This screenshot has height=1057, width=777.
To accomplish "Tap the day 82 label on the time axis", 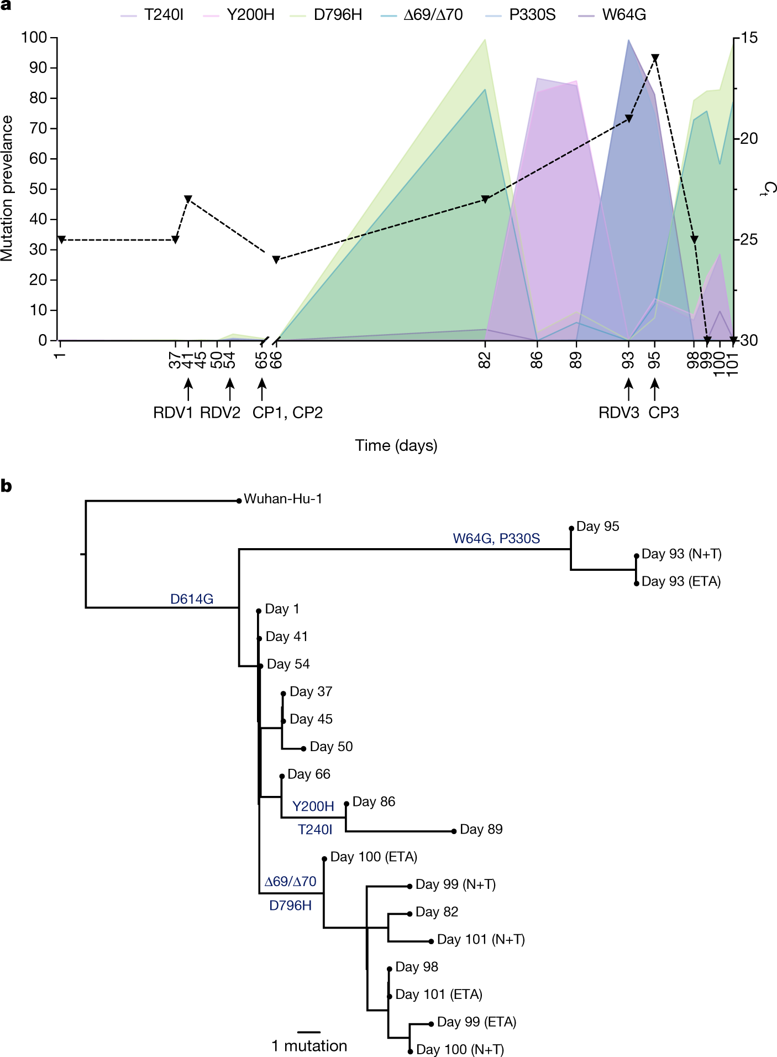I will [x=485, y=361].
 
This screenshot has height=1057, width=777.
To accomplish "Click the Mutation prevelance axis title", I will [x=7, y=188].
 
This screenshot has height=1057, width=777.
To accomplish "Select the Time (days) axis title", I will [x=396, y=446].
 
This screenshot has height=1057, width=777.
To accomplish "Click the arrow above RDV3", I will [x=628, y=389].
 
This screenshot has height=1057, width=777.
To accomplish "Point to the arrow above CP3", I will [x=655, y=389].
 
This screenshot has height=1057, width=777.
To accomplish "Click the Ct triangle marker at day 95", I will [x=655, y=58].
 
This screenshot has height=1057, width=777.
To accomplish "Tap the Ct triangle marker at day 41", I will [x=188, y=199].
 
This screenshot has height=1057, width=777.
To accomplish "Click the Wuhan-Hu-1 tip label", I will [x=282, y=499].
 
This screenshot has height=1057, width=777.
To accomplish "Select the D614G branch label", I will [x=191, y=599].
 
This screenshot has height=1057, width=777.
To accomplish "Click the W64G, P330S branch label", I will [x=496, y=539].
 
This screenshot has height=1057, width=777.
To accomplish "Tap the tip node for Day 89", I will [x=454, y=831].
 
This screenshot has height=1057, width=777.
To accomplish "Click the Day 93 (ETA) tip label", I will [x=681, y=582].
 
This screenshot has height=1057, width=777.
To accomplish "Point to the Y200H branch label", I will [x=313, y=806].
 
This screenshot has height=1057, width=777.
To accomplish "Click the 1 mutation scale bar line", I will [x=308, y=1032].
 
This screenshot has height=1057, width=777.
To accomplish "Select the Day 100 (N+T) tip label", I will [x=460, y=1049].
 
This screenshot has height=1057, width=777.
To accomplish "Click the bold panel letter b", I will [x=7, y=487].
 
